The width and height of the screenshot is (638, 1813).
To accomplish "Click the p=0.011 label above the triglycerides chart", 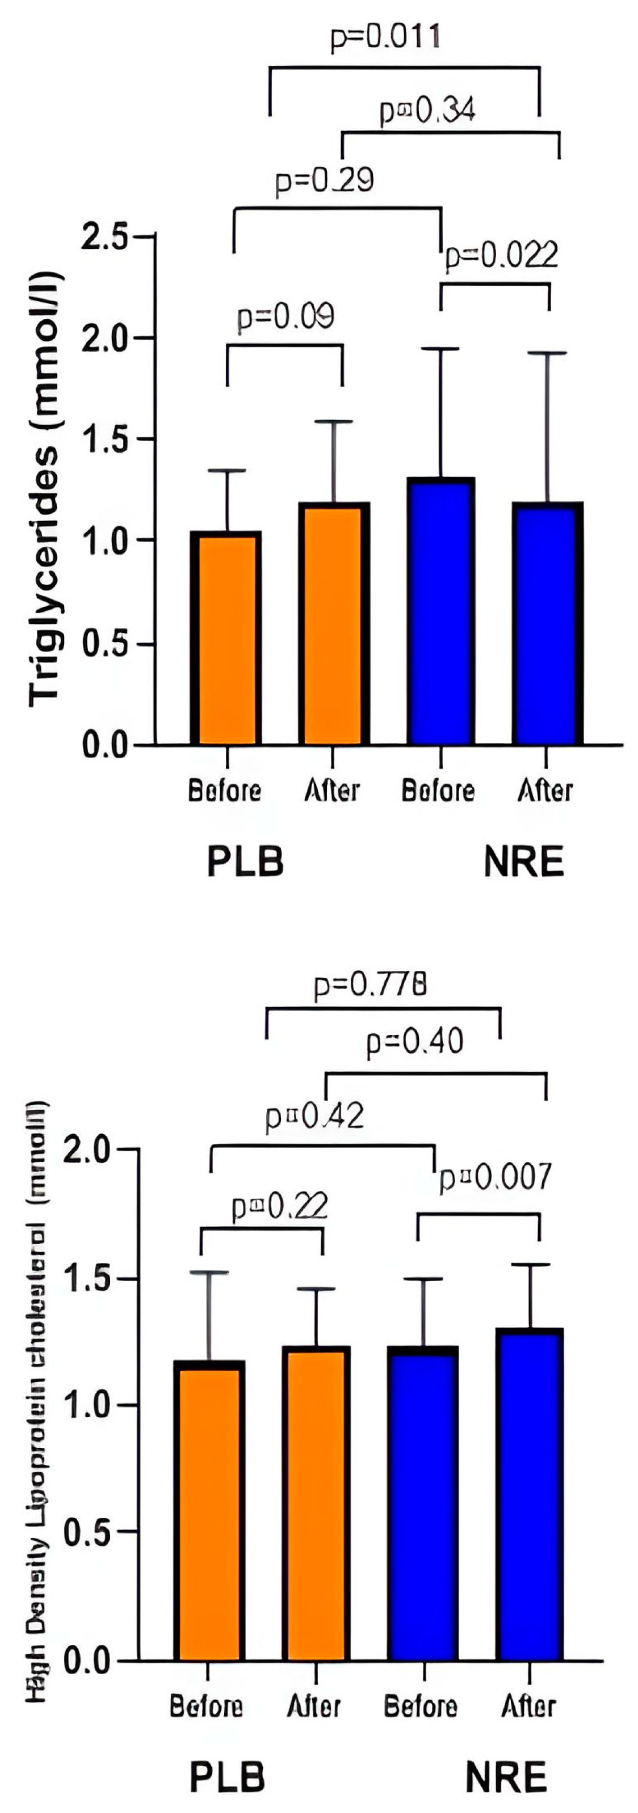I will click(385, 37).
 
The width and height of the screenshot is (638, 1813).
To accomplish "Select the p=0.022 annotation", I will click(501, 255).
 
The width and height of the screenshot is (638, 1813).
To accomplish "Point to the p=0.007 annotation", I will click(495, 1177).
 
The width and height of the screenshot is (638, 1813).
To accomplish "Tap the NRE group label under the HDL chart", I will click(506, 1777).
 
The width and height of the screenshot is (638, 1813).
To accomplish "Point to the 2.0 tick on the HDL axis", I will click(87, 1150).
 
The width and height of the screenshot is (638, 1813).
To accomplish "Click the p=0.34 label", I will click(427, 110).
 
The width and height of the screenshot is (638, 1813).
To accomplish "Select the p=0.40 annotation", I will click(415, 1042).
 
